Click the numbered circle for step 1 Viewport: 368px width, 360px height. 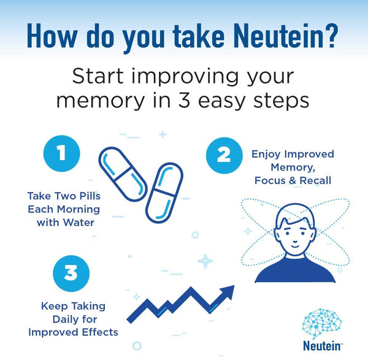[x=62, y=153]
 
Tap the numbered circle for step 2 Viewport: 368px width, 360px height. [x=224, y=155]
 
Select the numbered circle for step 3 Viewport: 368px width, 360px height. [x=71, y=274]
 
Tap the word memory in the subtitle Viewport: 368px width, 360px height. [x=101, y=102]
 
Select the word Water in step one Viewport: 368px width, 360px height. [x=79, y=223]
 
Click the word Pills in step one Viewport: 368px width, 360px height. [x=90, y=196]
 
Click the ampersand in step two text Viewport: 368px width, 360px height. [x=293, y=181]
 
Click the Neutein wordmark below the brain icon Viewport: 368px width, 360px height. [x=322, y=346]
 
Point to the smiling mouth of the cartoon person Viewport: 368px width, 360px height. [x=295, y=247]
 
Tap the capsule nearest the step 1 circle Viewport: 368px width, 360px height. [x=123, y=174]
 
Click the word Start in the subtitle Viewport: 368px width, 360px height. [x=98, y=76]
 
